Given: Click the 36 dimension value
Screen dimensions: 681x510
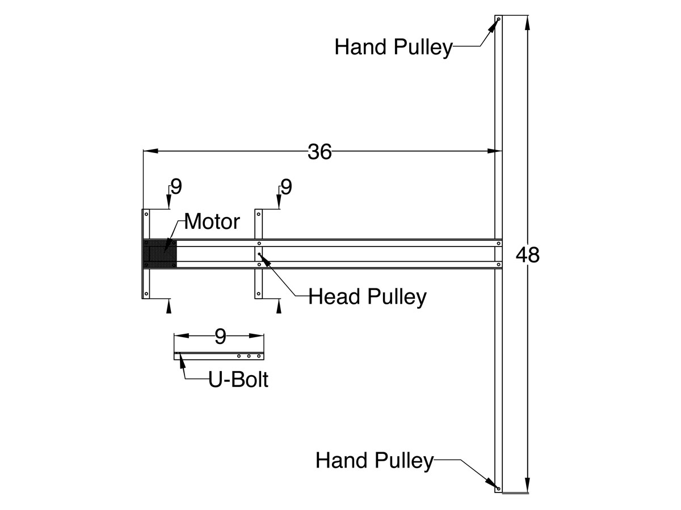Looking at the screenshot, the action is point(320,152).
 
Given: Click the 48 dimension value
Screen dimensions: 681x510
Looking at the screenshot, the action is point(527,255).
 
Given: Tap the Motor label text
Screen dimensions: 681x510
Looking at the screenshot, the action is point(212,222).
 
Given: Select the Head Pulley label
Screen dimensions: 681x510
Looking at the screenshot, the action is point(367,296).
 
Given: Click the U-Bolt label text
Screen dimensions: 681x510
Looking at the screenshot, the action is point(238,380).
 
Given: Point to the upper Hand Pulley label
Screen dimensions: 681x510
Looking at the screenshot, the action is point(394,48).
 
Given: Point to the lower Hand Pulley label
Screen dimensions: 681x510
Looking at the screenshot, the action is point(375,460).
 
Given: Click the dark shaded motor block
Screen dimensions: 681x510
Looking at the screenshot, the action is point(160,254).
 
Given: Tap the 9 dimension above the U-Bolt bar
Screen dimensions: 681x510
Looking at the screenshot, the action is point(220,337).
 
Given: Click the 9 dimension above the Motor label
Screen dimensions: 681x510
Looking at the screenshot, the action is point(176,187).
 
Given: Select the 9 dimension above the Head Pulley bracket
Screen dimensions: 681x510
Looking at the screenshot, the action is point(287,187).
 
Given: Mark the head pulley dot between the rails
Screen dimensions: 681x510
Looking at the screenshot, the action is point(259,254).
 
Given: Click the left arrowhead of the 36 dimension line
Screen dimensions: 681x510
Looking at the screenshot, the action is point(151,151).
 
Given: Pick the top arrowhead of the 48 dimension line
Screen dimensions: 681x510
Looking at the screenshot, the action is point(527,23).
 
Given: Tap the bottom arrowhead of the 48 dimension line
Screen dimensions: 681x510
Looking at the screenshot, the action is point(527,485).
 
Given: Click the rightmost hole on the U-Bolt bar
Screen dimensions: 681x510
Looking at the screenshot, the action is point(259,356).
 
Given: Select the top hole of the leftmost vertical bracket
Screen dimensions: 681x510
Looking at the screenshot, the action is point(146,214).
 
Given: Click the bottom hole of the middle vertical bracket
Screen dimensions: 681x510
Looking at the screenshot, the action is point(259,294).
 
